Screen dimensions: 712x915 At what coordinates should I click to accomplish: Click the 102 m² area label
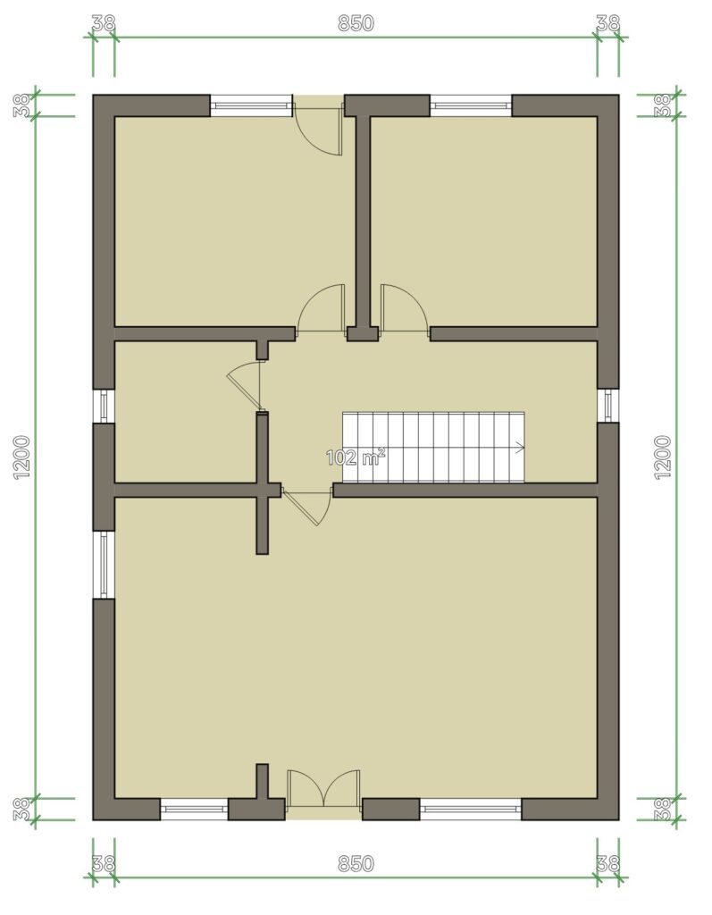pyautogui.click(x=356, y=457)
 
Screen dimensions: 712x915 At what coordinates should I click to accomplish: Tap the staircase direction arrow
pyautogui.click(x=519, y=448)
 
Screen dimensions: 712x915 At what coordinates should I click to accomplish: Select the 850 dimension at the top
pyautogui.click(x=356, y=23)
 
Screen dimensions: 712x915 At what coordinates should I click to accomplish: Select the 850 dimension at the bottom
pyautogui.click(x=356, y=864)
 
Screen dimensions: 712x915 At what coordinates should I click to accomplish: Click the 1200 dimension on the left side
pyautogui.click(x=22, y=457)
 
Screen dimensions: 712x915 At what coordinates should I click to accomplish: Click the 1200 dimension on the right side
pyautogui.click(x=664, y=457)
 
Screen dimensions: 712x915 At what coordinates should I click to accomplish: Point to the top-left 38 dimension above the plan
pyautogui.click(x=104, y=23)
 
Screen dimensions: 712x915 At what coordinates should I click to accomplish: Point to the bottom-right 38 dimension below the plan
pyautogui.click(x=607, y=864)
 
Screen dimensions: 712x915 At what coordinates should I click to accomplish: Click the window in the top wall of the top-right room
pyautogui.click(x=471, y=105)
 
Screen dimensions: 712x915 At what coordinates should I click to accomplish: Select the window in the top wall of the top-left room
pyautogui.click(x=251, y=105)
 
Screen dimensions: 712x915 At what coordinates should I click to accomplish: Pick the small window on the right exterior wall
pyautogui.click(x=608, y=405)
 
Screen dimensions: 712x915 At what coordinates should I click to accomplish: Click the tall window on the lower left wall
pyautogui.click(x=104, y=565)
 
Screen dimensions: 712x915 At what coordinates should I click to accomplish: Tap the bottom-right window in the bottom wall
pyautogui.click(x=471, y=810)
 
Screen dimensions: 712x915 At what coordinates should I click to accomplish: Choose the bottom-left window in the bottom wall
pyautogui.click(x=194, y=810)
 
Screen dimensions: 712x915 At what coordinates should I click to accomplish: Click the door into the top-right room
pyautogui.click(x=404, y=309)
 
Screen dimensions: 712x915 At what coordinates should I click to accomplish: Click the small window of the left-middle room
pyautogui.click(x=104, y=406)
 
